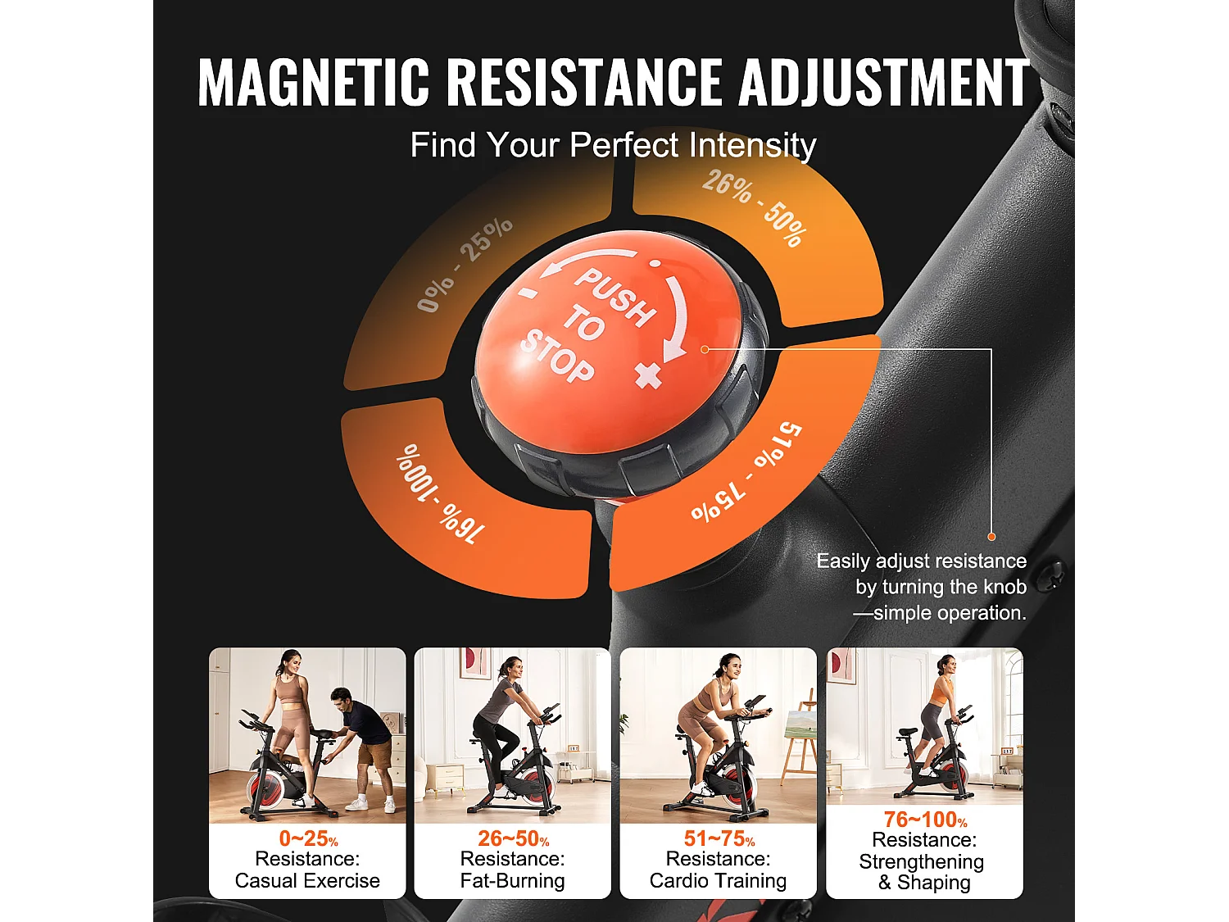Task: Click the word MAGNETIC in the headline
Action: coord(313,82)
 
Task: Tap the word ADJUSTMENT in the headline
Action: coord(883,82)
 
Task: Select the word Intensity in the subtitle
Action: coord(752,146)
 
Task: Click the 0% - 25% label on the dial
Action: coord(465,264)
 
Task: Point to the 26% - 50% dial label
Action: coord(755,207)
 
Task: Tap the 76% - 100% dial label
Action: coord(440,493)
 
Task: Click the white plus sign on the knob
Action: coord(648,375)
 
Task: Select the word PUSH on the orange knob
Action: coord(615,295)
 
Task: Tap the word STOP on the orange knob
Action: coord(558,356)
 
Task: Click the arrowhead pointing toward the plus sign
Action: coord(673,351)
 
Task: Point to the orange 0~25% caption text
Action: coord(308,838)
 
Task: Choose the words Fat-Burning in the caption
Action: coord(513,881)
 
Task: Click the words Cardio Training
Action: coord(718,881)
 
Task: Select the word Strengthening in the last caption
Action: coord(921,861)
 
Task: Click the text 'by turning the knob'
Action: coord(941,587)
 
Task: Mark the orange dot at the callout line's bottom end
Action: coord(991,537)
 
